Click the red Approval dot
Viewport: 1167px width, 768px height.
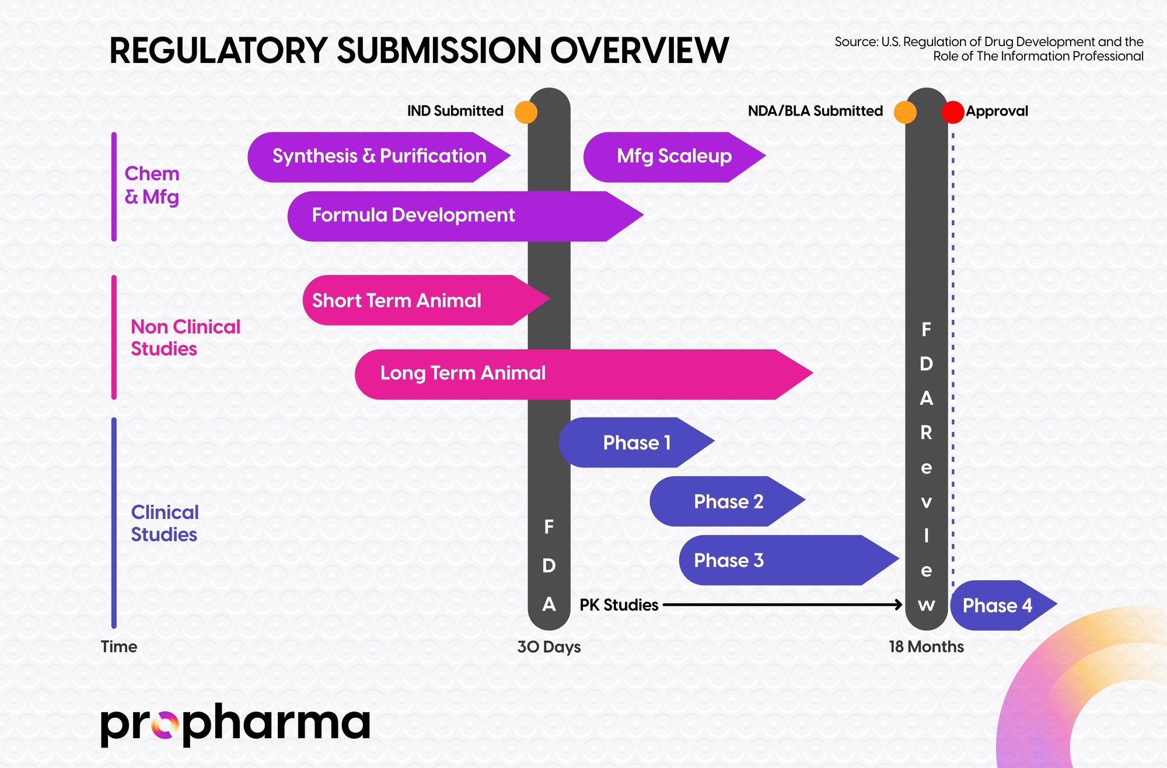pos(953,112)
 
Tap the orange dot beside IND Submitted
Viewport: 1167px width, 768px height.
pos(526,112)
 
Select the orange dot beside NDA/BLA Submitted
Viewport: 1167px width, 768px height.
pos(905,112)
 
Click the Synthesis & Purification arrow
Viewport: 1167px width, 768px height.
pos(379,157)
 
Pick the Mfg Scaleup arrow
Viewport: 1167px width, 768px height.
pos(674,157)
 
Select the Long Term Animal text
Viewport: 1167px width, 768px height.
pos(463,373)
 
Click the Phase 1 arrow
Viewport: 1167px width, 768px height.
pos(636,443)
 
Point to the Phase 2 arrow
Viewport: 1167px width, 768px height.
pos(728,502)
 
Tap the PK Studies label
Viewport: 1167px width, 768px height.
pos(619,605)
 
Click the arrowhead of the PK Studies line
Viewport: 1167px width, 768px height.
pos(899,605)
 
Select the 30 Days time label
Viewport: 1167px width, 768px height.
pos(548,647)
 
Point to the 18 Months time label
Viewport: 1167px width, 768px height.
pos(926,647)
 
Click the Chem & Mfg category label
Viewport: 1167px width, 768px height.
pos(152,185)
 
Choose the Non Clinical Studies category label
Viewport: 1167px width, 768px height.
pos(185,338)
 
